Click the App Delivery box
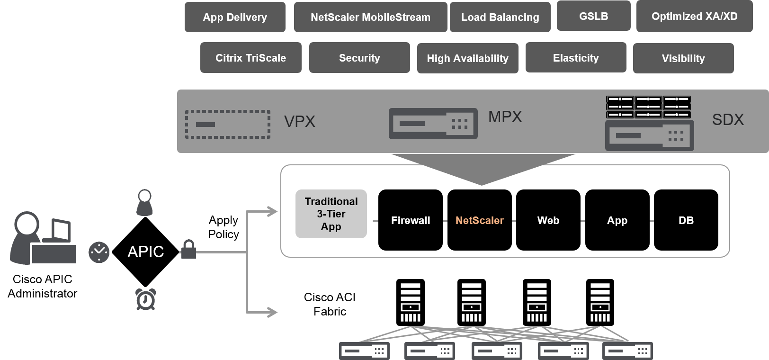(x=235, y=17)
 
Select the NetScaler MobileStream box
(x=370, y=17)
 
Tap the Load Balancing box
(x=500, y=17)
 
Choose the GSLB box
(x=593, y=16)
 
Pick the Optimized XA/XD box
(x=694, y=16)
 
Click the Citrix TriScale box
(x=250, y=58)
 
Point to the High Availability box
(x=467, y=58)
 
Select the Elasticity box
(x=576, y=58)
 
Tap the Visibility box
(x=683, y=58)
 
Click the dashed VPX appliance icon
(x=228, y=124)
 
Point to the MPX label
(x=505, y=117)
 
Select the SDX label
(x=728, y=119)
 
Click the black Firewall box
(x=411, y=220)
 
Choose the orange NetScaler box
(x=479, y=220)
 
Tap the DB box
(x=686, y=220)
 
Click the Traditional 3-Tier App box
(x=331, y=214)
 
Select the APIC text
(x=146, y=252)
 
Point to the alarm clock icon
(x=145, y=299)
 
